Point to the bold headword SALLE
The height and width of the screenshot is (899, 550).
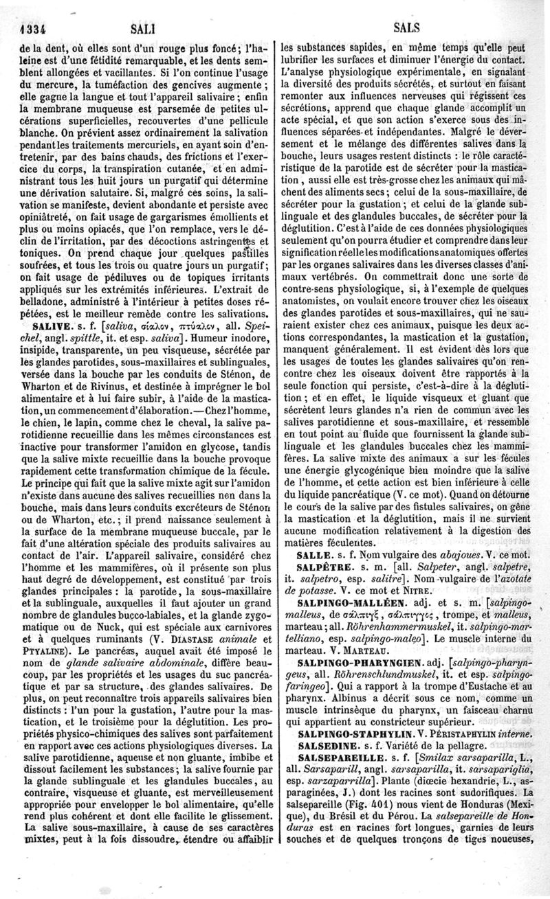pyautogui.click(x=312, y=554)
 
